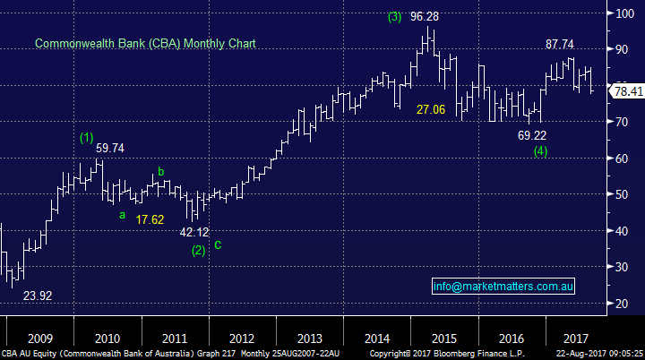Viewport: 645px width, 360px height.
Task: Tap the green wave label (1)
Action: tap(86, 137)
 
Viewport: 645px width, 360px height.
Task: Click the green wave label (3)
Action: tap(395, 16)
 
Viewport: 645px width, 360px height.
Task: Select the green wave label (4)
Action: tap(539, 151)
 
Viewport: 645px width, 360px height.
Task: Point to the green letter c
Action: tap(218, 244)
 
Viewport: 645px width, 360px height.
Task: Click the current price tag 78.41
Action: tap(626, 90)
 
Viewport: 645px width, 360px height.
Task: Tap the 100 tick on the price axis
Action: tap(626, 13)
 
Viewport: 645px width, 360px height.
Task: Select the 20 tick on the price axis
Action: tap(623, 304)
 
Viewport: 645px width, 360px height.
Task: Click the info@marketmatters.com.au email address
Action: tap(503, 287)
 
